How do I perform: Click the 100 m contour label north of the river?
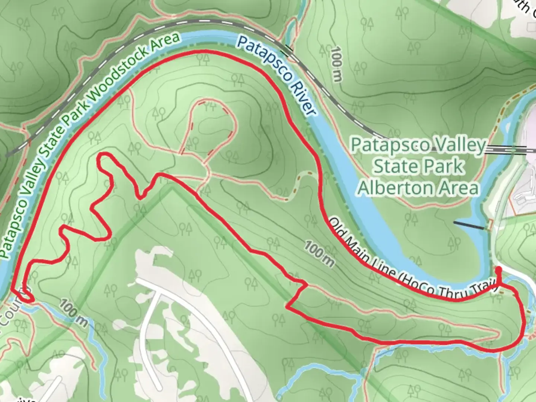coord(336,62)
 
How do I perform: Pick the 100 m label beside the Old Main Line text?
coord(319,254)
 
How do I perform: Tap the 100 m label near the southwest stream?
coord(73,312)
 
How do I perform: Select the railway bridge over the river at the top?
coord(288,48)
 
